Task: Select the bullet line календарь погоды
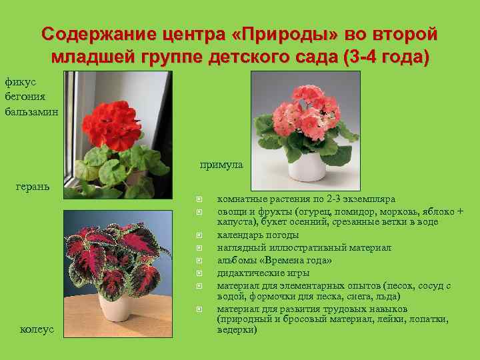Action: (x=257, y=235)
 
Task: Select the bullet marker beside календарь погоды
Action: (x=199, y=235)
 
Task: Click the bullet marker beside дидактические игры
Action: (x=199, y=273)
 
